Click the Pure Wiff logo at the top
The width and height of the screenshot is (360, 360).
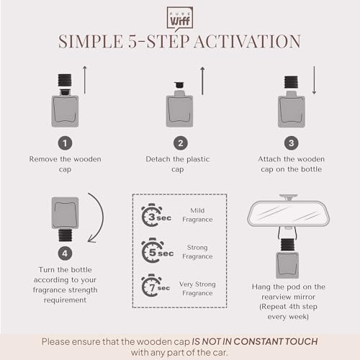point(180,17)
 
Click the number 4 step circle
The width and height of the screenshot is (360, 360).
point(66,253)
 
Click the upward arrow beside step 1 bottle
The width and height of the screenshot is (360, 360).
point(85,80)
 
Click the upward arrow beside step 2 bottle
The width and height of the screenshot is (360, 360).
point(202,80)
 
